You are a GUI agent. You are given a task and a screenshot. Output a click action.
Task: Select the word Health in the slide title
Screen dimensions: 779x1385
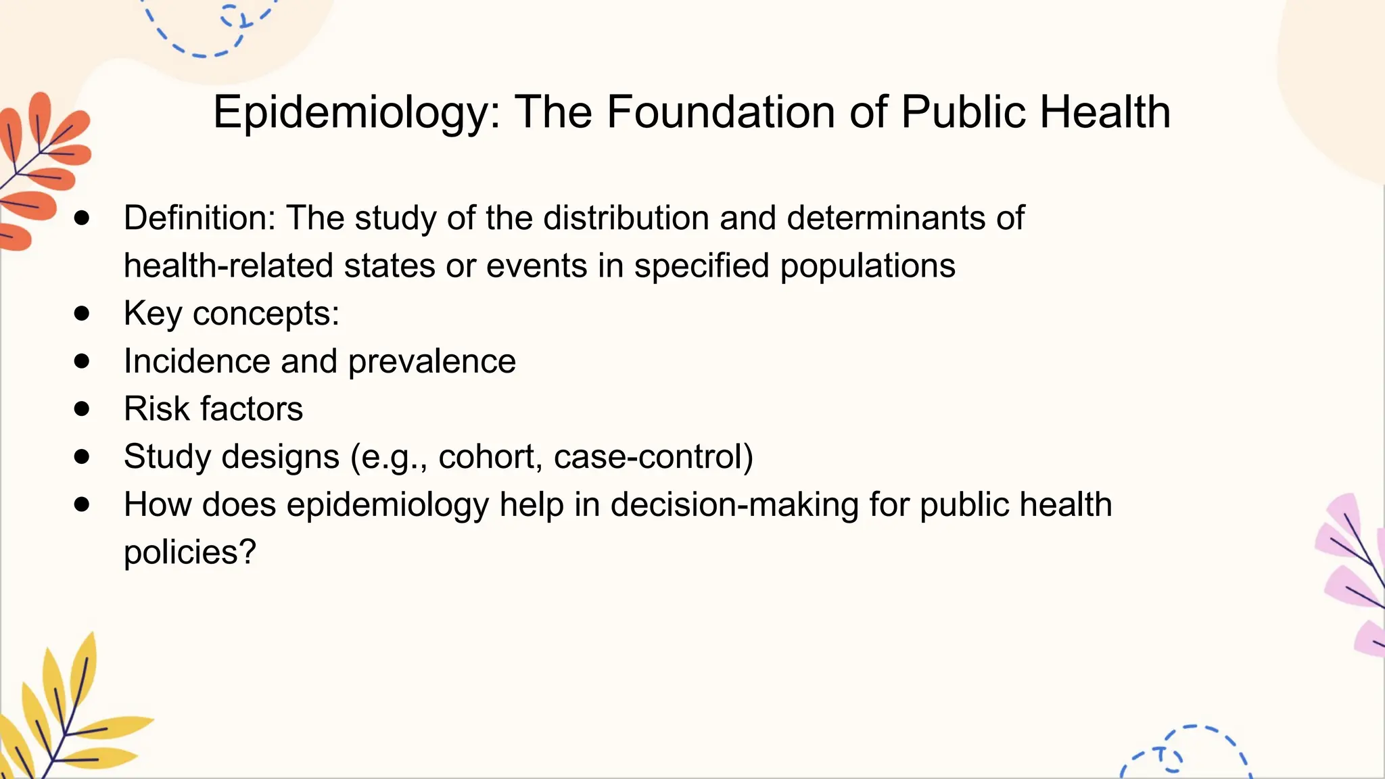coord(1105,112)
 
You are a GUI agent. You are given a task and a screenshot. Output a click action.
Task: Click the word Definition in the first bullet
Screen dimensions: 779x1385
coord(199,218)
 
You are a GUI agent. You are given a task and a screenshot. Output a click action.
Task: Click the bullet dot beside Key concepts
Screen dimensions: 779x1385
coord(82,313)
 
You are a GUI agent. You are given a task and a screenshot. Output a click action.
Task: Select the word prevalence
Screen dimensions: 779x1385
coord(431,361)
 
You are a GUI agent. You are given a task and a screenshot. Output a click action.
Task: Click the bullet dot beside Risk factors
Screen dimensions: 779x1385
coord(82,408)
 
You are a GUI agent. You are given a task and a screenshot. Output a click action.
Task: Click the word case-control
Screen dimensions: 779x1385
coord(648,456)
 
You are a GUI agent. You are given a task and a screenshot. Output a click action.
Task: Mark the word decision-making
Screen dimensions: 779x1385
coord(734,504)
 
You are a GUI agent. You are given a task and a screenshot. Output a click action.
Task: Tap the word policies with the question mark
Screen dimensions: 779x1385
coord(189,552)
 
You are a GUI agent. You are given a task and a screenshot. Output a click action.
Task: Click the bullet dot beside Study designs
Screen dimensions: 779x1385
coord(82,456)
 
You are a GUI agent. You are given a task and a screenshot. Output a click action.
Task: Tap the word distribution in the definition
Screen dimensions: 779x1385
coord(626,218)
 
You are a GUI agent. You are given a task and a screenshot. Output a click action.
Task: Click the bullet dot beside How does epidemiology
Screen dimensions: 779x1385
coord(82,504)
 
